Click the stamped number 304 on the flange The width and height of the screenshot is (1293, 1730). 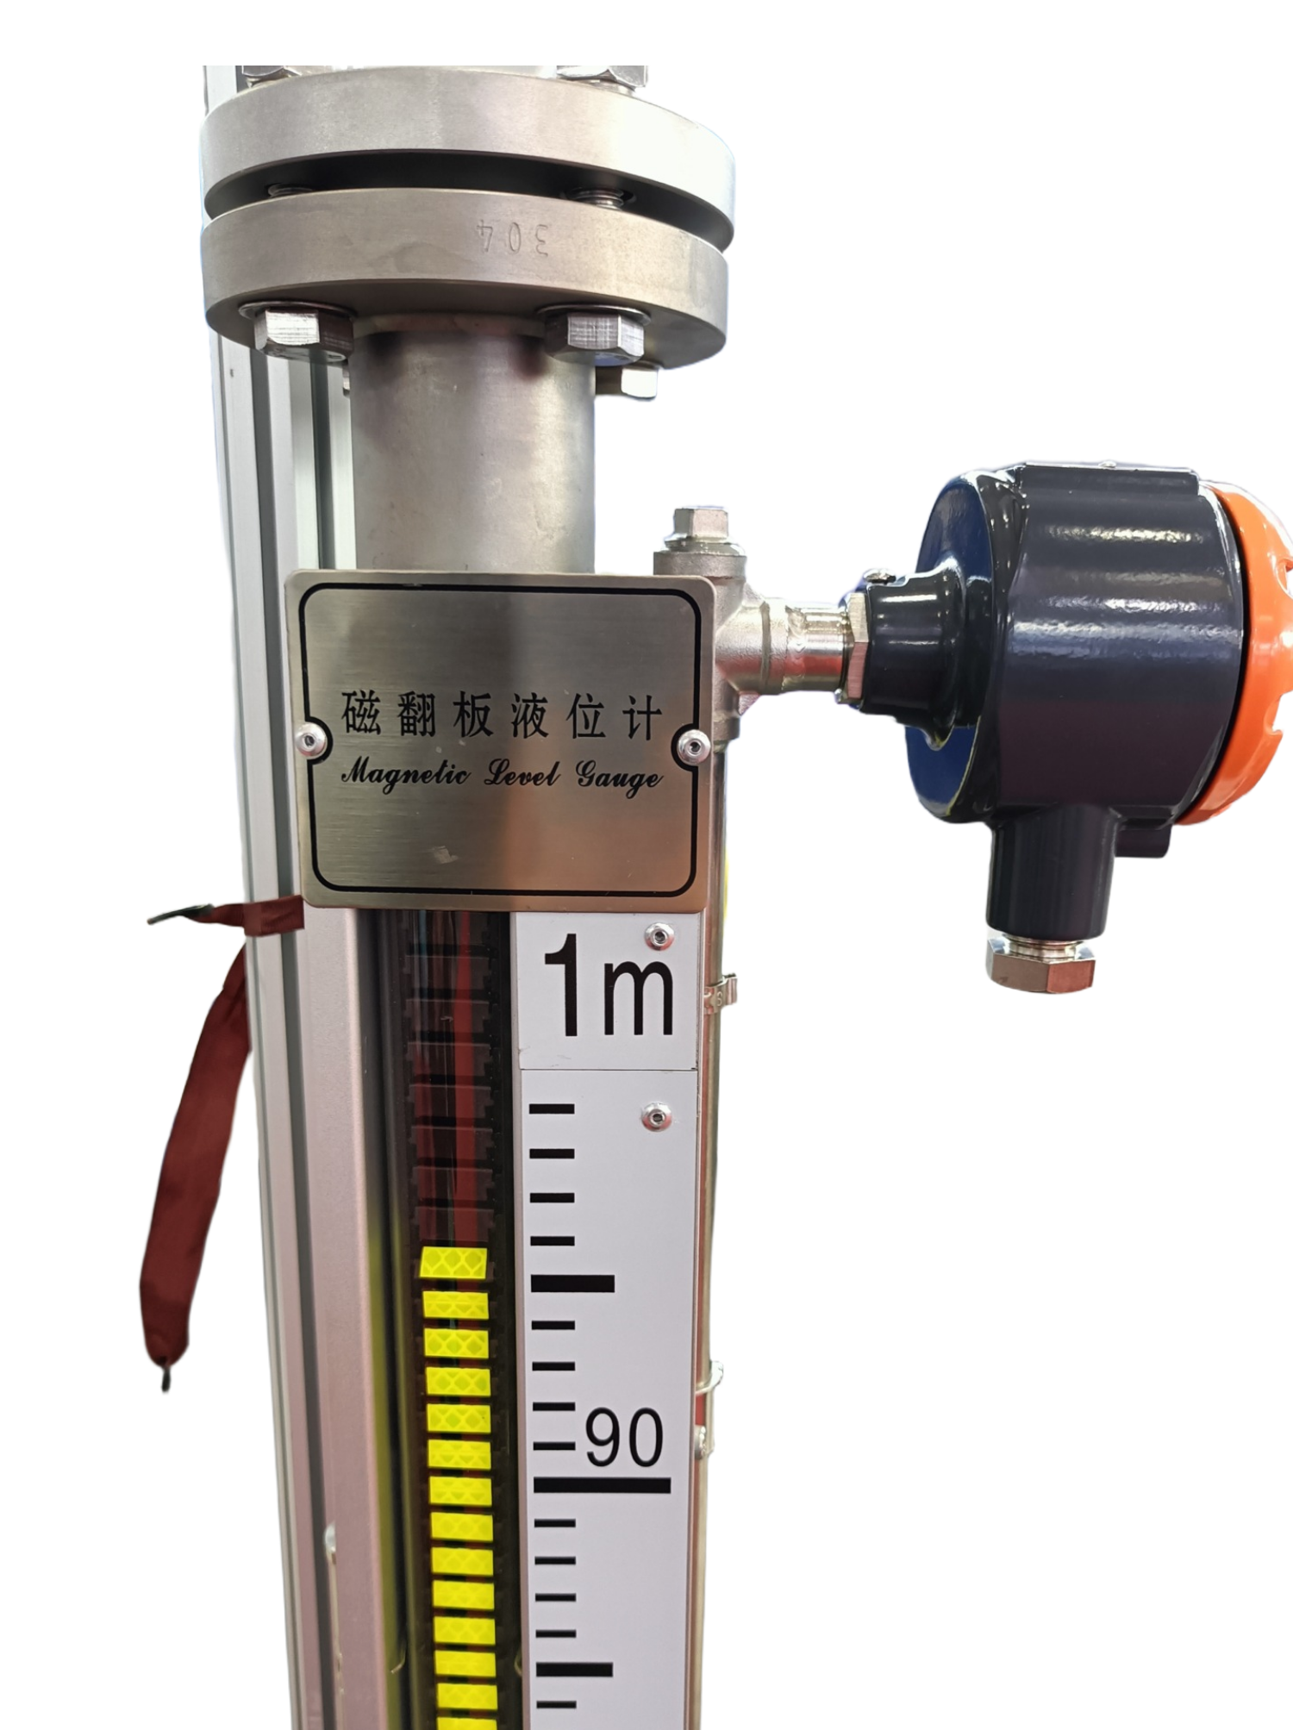point(513,235)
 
